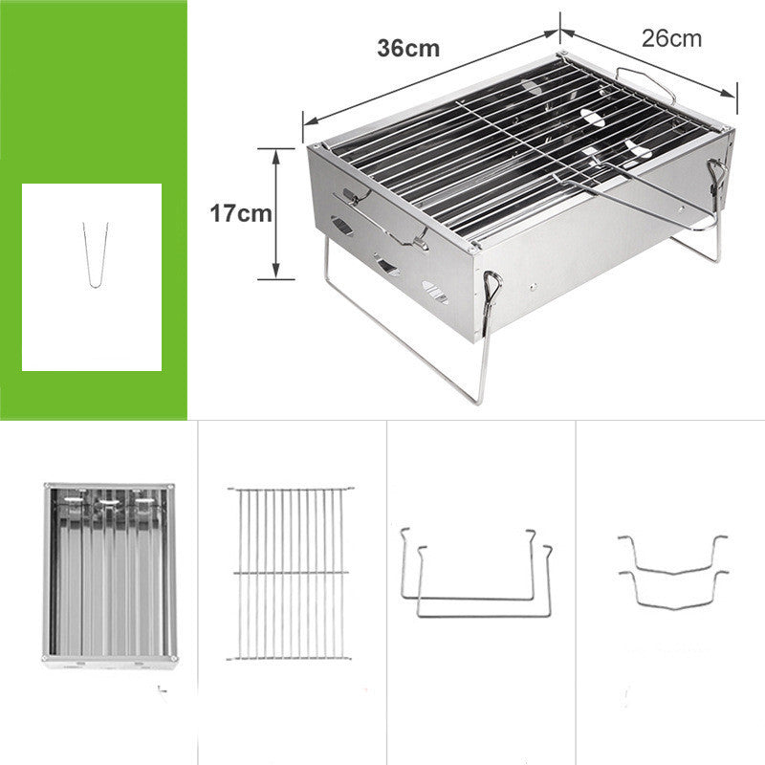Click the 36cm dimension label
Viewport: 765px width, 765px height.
point(408,48)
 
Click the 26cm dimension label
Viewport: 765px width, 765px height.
point(671,38)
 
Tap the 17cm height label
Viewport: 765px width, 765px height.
point(241,213)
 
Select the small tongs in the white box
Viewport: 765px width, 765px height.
point(95,254)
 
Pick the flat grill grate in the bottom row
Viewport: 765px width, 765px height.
point(290,573)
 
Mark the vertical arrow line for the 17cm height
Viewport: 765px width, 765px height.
point(275,213)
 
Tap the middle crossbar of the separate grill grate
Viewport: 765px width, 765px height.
point(290,572)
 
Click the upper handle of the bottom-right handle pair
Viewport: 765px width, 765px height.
point(672,555)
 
